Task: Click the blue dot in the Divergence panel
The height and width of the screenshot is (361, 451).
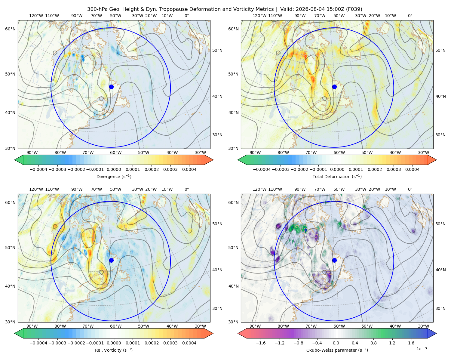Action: (x=111, y=87)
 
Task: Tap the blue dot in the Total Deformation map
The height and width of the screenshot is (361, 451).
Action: (x=334, y=87)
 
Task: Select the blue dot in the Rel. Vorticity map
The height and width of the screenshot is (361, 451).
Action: (x=111, y=260)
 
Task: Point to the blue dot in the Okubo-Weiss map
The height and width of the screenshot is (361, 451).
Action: (x=334, y=260)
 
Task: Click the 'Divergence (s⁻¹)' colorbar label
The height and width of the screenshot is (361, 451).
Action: (x=114, y=176)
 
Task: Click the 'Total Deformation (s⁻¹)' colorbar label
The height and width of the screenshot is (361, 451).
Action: (x=337, y=176)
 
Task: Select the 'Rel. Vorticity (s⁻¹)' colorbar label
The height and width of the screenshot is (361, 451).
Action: (x=114, y=350)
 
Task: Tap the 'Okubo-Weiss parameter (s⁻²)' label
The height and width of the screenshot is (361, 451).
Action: (x=337, y=350)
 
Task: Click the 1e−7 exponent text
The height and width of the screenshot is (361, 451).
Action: (x=422, y=349)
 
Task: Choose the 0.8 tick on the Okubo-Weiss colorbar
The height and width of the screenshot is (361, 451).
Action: (x=373, y=343)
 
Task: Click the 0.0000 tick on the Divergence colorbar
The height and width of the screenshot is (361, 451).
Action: (x=114, y=169)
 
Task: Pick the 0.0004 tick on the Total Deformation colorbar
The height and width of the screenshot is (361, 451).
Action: (x=413, y=169)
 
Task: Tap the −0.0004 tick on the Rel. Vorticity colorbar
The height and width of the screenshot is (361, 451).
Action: (x=38, y=343)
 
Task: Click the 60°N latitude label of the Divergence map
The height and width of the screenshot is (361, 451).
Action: (x=10, y=29)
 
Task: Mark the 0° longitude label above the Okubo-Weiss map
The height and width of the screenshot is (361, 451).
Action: (x=410, y=189)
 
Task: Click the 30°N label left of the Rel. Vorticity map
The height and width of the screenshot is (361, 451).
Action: (x=10, y=322)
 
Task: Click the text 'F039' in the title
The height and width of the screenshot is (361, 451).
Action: (x=354, y=9)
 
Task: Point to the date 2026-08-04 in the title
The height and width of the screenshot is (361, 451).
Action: (x=308, y=9)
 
